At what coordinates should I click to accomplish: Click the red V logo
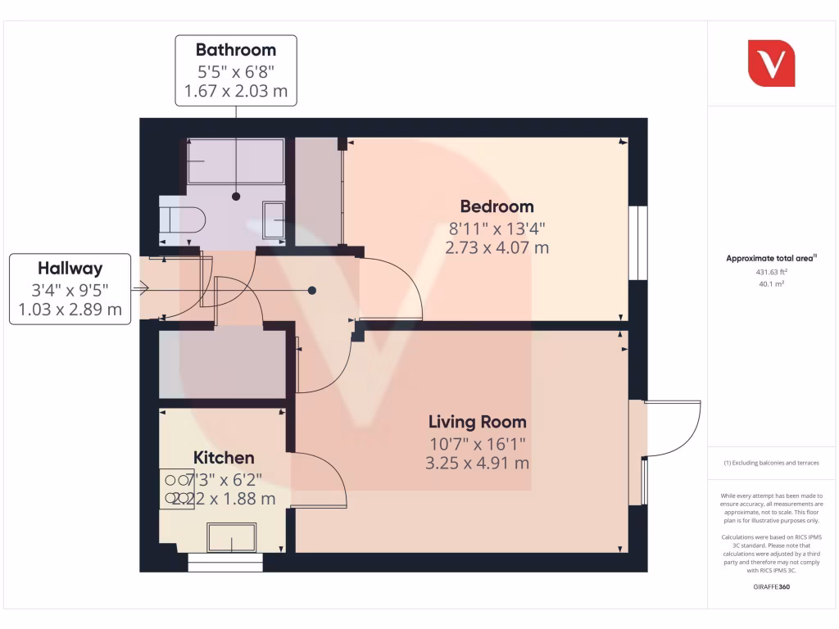pos(771,63)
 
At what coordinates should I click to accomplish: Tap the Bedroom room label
pos(497,206)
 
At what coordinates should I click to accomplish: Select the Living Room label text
pos(478,423)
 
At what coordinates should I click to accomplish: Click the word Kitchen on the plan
pos(224,458)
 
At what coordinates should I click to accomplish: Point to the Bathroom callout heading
pos(236,49)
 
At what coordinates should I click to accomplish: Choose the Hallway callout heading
pos(70,268)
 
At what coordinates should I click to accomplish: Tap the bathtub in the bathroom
pos(236,161)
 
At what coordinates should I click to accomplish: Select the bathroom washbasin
pos(274,220)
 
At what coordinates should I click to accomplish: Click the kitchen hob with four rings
pos(176,489)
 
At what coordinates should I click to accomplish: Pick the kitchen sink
pos(232,537)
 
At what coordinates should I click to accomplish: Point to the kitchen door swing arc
pos(320,479)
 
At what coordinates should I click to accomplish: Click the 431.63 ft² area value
pos(771,272)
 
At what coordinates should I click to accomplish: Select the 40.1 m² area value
pos(771,284)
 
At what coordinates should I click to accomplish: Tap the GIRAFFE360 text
pos(771,587)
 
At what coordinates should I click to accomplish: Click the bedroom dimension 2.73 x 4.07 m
pos(497,247)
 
